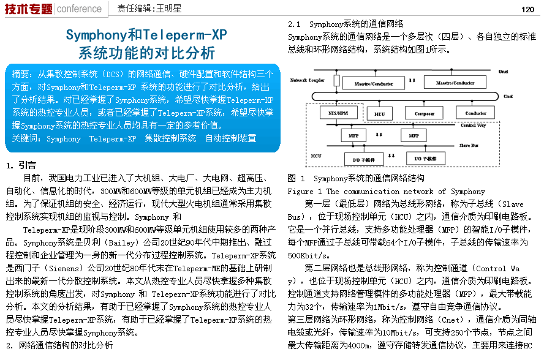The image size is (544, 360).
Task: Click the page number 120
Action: click(x=528, y=9)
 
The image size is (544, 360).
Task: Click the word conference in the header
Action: click(x=79, y=9)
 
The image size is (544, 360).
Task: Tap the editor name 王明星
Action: click(x=168, y=9)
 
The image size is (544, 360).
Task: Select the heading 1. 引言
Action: click(x=21, y=165)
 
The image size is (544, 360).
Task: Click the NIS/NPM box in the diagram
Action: click(x=334, y=113)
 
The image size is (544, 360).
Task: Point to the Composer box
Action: click(x=424, y=113)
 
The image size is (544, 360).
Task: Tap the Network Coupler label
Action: click(x=307, y=80)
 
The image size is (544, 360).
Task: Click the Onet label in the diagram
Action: click(x=503, y=72)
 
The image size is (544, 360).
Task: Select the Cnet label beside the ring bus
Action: click(x=508, y=97)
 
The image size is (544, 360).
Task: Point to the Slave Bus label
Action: click(x=470, y=145)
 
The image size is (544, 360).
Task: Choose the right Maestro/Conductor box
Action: click(x=455, y=83)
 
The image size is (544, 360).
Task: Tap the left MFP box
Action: click(x=354, y=135)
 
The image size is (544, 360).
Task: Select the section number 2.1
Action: click(x=294, y=24)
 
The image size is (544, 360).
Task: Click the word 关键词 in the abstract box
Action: click(x=25, y=138)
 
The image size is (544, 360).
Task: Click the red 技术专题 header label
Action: click(x=28, y=9)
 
